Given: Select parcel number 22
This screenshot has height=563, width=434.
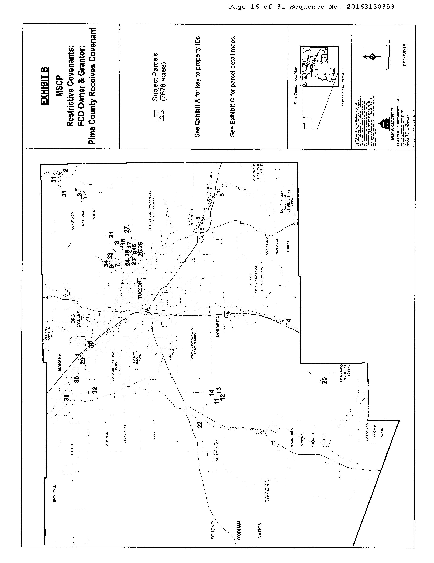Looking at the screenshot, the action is point(200,424).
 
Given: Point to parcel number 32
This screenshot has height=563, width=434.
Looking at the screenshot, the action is point(95,390).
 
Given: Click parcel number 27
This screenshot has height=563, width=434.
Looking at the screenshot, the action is point(127,229).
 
